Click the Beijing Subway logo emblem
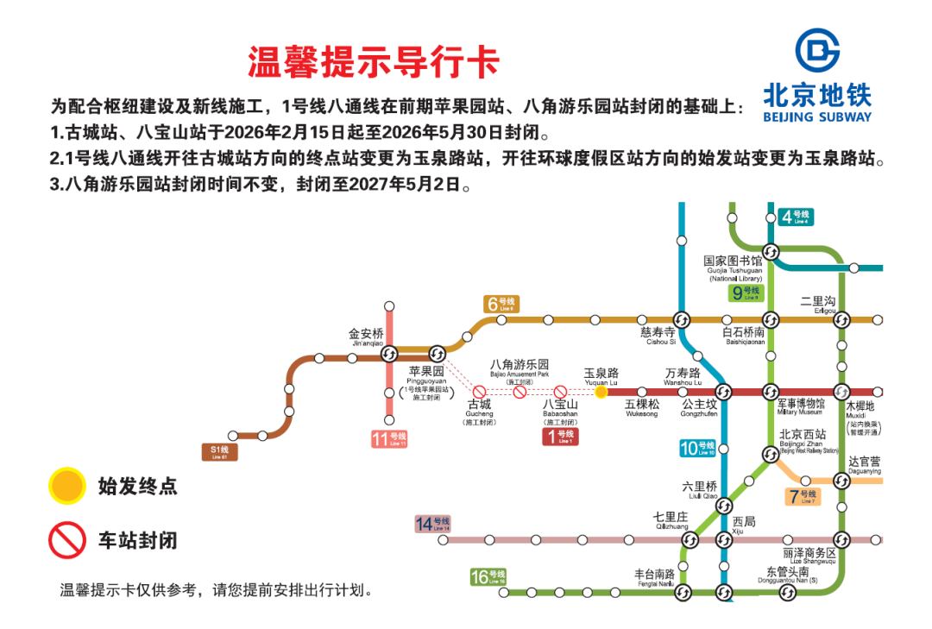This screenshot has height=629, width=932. (x=816, y=49)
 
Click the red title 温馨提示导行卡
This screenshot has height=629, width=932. (x=374, y=61)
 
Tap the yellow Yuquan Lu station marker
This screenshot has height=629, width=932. (x=601, y=392)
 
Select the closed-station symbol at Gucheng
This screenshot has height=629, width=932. (x=479, y=392)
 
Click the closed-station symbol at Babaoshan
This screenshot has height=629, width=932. (x=560, y=392)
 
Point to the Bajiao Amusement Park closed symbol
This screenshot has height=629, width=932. (x=520, y=392)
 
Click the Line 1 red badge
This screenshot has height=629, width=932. (x=560, y=437)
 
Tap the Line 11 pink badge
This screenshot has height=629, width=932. (x=388, y=439)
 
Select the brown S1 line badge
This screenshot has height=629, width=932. (x=220, y=451)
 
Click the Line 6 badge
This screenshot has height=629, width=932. (x=501, y=304)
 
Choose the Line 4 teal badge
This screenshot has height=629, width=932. (x=795, y=217)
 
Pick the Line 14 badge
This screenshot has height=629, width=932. (x=432, y=524)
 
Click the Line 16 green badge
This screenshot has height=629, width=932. (x=488, y=577)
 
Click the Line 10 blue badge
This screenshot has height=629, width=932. (x=697, y=448)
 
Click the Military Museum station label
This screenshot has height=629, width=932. (x=802, y=406)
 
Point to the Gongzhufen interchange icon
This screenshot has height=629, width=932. (x=724, y=392)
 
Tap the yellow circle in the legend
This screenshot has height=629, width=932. (x=66, y=486)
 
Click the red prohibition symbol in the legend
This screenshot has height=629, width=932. (x=66, y=540)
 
